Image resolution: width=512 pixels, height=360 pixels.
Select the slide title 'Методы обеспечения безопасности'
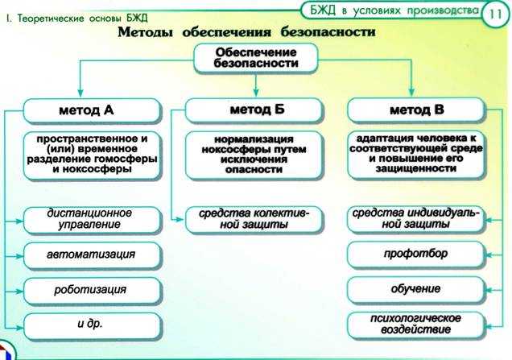point(246,33)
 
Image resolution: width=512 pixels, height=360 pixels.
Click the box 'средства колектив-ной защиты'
point(254,218)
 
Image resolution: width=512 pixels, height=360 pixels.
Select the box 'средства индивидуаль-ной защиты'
point(416,218)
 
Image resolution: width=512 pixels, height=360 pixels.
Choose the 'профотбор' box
point(416,254)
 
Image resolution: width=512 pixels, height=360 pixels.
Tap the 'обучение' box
point(416,288)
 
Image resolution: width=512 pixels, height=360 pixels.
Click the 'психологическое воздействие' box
point(416,324)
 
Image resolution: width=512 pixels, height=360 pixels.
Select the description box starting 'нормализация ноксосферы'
point(254,155)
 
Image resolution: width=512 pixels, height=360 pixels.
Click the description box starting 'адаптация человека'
point(416,155)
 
